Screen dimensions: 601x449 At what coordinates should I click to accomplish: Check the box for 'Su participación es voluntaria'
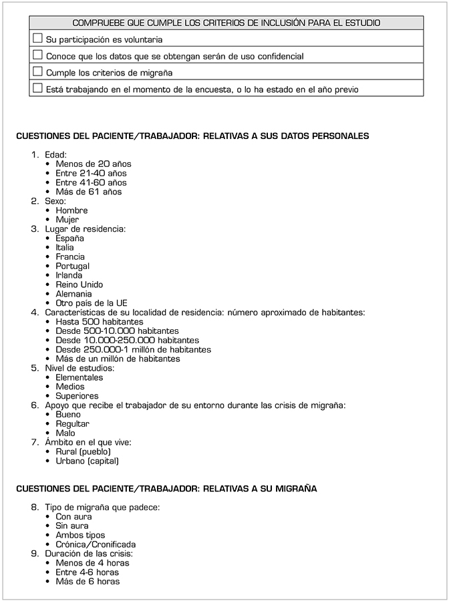point(37,39)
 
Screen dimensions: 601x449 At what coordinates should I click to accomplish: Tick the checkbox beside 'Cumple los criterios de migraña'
point(37,71)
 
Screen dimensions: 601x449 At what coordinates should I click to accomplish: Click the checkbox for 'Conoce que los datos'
point(37,55)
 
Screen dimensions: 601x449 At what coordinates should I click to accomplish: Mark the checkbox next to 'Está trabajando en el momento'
point(37,88)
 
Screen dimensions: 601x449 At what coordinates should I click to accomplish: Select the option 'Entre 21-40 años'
point(91,173)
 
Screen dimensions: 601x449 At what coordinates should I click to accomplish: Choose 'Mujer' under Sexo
point(67,220)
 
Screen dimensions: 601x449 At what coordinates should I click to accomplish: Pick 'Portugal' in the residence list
point(72,266)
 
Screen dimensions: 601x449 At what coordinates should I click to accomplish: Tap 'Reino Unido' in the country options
point(79,284)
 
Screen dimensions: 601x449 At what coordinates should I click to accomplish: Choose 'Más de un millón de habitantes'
point(118,359)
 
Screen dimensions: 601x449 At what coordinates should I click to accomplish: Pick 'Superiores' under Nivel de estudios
point(77,396)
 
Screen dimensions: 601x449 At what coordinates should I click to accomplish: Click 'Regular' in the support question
point(72,424)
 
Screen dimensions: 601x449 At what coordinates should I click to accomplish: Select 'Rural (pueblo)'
point(83,451)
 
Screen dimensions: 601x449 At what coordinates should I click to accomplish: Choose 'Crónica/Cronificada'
point(96,544)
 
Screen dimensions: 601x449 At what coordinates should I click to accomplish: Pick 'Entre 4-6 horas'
point(87,572)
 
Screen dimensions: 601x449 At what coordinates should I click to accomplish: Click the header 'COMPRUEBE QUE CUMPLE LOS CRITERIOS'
point(226,23)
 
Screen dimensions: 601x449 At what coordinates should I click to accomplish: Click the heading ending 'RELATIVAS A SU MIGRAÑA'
point(166,489)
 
